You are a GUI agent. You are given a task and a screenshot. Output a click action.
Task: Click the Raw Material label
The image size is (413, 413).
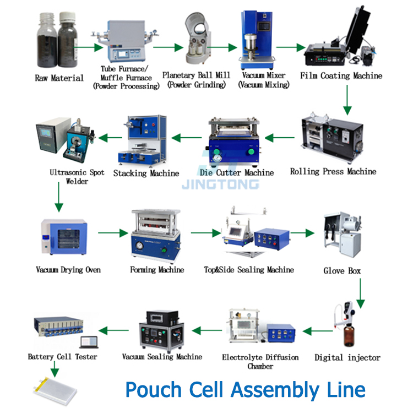[x=59, y=78]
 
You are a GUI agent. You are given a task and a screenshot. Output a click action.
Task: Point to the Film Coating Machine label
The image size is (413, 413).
[x=341, y=75]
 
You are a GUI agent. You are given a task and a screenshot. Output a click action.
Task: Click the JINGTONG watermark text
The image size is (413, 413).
[x=220, y=184]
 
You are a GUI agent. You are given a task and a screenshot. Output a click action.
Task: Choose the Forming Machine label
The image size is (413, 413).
[x=157, y=270]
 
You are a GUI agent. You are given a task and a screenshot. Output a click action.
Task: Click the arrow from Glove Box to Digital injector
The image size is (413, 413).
[x=360, y=292]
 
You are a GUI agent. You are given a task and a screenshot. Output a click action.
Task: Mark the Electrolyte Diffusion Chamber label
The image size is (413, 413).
[x=260, y=361]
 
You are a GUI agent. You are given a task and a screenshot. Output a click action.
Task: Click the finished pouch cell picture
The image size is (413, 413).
[x=55, y=391]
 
